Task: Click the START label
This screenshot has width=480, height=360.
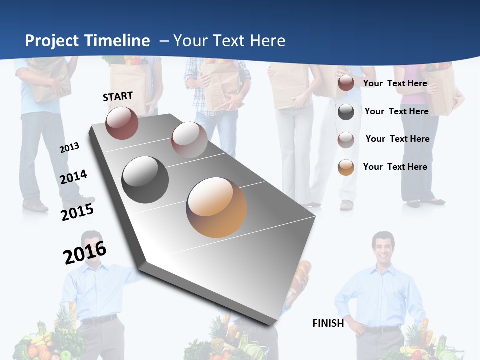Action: pyautogui.click(x=118, y=96)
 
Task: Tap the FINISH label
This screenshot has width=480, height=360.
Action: pyautogui.click(x=328, y=323)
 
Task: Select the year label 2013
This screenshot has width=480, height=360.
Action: pyautogui.click(x=69, y=148)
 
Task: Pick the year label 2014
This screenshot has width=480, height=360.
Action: pyautogui.click(x=74, y=177)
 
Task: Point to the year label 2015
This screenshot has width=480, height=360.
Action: pyautogui.click(x=77, y=212)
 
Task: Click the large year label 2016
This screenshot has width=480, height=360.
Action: pyautogui.click(x=85, y=253)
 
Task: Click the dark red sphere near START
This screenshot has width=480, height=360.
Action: pyautogui.click(x=122, y=123)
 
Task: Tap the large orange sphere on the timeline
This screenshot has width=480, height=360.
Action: pyautogui.click(x=216, y=207)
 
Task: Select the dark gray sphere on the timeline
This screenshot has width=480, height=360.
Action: pyautogui.click(x=145, y=180)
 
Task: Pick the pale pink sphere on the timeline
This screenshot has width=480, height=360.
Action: pyautogui.click(x=189, y=140)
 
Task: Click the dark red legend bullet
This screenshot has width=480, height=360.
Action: pyautogui.click(x=346, y=83)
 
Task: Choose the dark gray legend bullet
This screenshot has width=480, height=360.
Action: pyautogui.click(x=346, y=112)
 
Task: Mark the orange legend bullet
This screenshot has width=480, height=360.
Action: pyautogui.click(x=346, y=167)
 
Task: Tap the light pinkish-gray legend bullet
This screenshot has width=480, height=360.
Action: pyautogui.click(x=346, y=140)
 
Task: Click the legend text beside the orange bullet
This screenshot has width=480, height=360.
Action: pyautogui.click(x=395, y=167)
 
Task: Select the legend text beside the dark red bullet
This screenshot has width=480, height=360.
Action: pyautogui.click(x=395, y=83)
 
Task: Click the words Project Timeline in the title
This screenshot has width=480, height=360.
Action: pyautogui.click(x=87, y=41)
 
